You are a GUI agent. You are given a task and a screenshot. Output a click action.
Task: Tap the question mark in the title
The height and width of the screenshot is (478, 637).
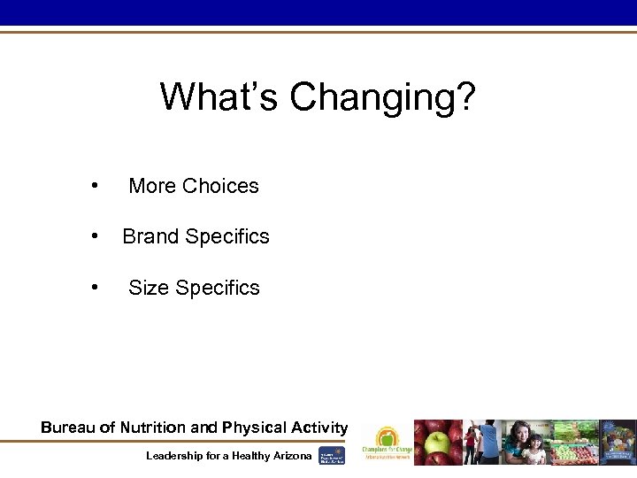465,97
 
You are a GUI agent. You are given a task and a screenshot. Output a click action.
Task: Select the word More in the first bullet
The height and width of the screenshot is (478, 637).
151,186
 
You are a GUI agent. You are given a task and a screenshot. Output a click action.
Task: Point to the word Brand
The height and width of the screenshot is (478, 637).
146,236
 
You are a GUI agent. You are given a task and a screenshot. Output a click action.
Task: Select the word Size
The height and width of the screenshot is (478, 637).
149,288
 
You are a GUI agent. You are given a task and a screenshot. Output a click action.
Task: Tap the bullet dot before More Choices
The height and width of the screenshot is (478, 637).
93,186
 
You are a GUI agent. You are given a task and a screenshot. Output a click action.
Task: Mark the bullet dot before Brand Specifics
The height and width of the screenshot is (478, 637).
93,236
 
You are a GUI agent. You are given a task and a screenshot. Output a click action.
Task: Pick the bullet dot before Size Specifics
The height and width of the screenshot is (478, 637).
93,287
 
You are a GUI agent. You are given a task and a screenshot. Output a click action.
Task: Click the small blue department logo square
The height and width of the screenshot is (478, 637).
332,455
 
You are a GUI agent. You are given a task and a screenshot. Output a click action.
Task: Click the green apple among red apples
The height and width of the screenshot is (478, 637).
436,443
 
